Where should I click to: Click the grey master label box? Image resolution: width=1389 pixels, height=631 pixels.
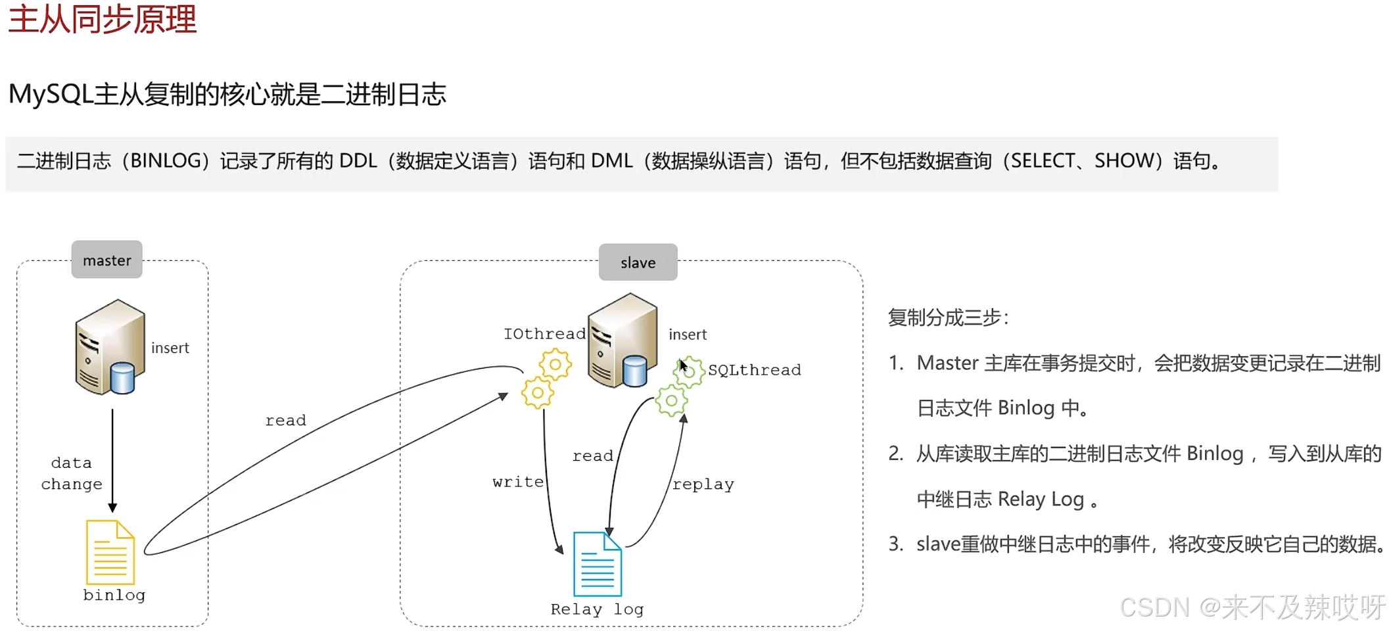[106, 260]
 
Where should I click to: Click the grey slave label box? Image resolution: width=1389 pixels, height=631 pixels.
[638, 262]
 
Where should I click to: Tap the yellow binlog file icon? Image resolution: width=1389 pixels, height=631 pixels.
[110, 552]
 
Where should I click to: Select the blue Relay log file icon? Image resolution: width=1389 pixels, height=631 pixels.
[597, 564]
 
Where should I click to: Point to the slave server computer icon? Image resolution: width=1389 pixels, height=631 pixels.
[622, 340]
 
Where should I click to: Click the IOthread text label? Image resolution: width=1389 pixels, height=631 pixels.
[544, 334]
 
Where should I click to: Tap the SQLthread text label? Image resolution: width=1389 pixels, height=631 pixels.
[754, 370]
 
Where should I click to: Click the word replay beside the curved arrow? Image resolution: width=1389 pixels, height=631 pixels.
[703, 484]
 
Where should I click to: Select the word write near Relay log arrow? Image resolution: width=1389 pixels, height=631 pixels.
[518, 482]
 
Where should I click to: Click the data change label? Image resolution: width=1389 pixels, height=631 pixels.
[72, 473]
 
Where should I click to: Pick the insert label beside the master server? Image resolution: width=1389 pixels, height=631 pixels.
[170, 348]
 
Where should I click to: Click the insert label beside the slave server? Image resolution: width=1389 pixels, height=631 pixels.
[687, 335]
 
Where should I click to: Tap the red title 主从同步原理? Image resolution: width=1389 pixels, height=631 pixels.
[103, 19]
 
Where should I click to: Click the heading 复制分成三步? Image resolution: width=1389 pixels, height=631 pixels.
[947, 317]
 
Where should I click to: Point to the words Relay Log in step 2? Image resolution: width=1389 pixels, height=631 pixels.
[1040, 500]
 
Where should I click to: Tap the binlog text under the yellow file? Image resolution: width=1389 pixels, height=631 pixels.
[114, 595]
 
